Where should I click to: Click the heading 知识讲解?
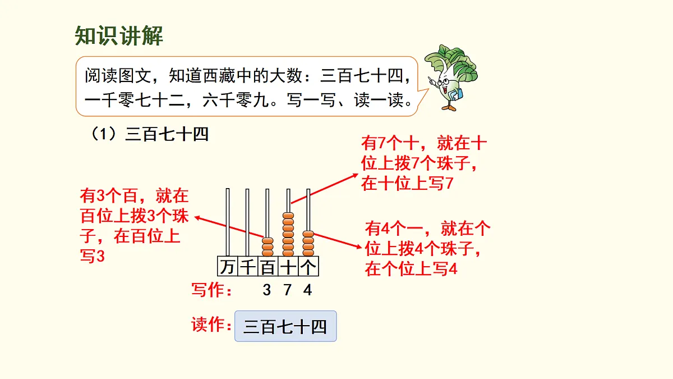pos(119,36)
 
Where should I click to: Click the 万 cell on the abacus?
pos(227,267)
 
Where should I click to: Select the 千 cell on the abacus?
pos(247,267)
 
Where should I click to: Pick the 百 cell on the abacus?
pos(268,267)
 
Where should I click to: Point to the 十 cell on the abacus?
pos(288,267)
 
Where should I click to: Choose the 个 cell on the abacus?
pos(308,267)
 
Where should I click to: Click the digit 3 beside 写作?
pos(266,290)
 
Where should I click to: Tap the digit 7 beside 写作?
pos(287,290)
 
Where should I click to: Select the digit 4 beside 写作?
pos(307,290)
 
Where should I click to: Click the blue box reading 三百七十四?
pos(285,327)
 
